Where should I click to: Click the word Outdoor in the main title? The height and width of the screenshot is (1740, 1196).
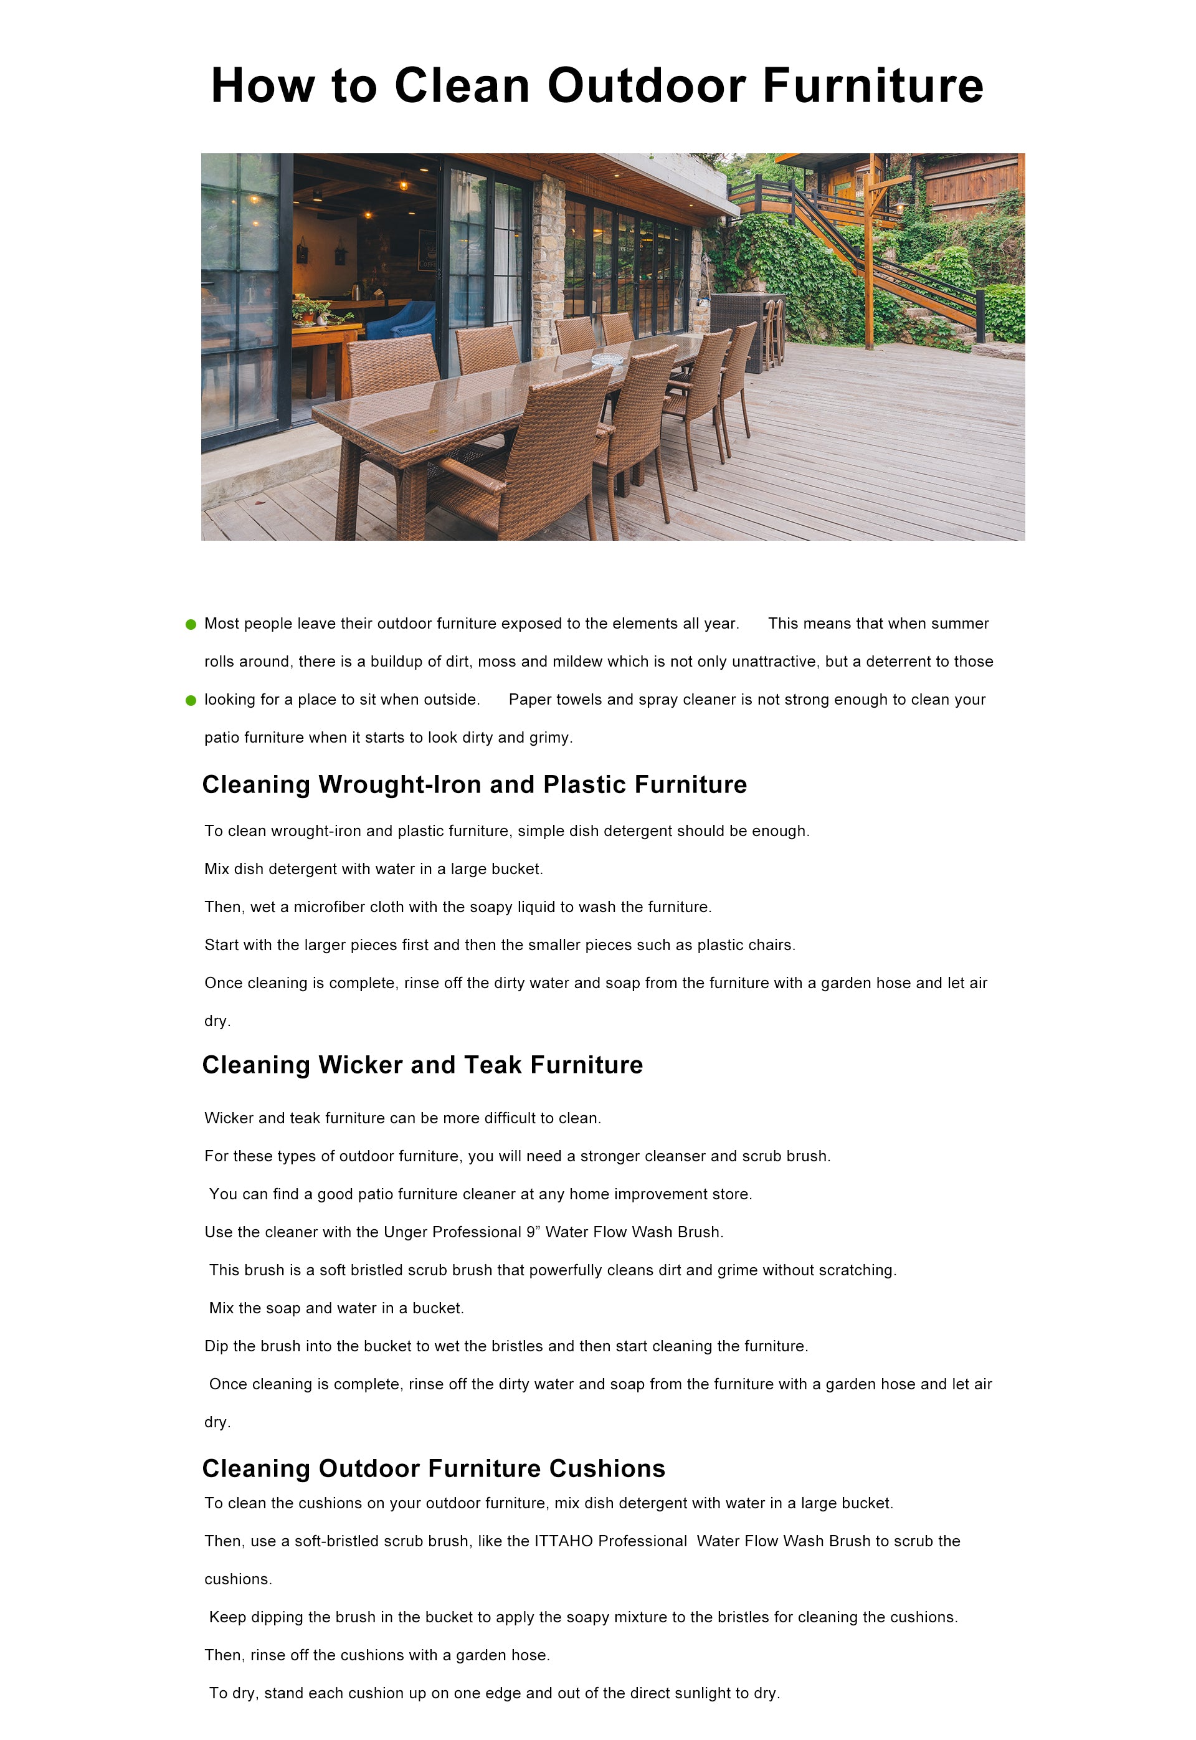pos(646,85)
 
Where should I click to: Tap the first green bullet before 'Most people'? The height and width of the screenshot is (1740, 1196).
pos(191,624)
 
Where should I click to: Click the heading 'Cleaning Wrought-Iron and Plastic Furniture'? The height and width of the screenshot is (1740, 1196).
pos(475,784)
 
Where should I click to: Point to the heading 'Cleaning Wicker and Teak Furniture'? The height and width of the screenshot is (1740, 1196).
pos(422,1065)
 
